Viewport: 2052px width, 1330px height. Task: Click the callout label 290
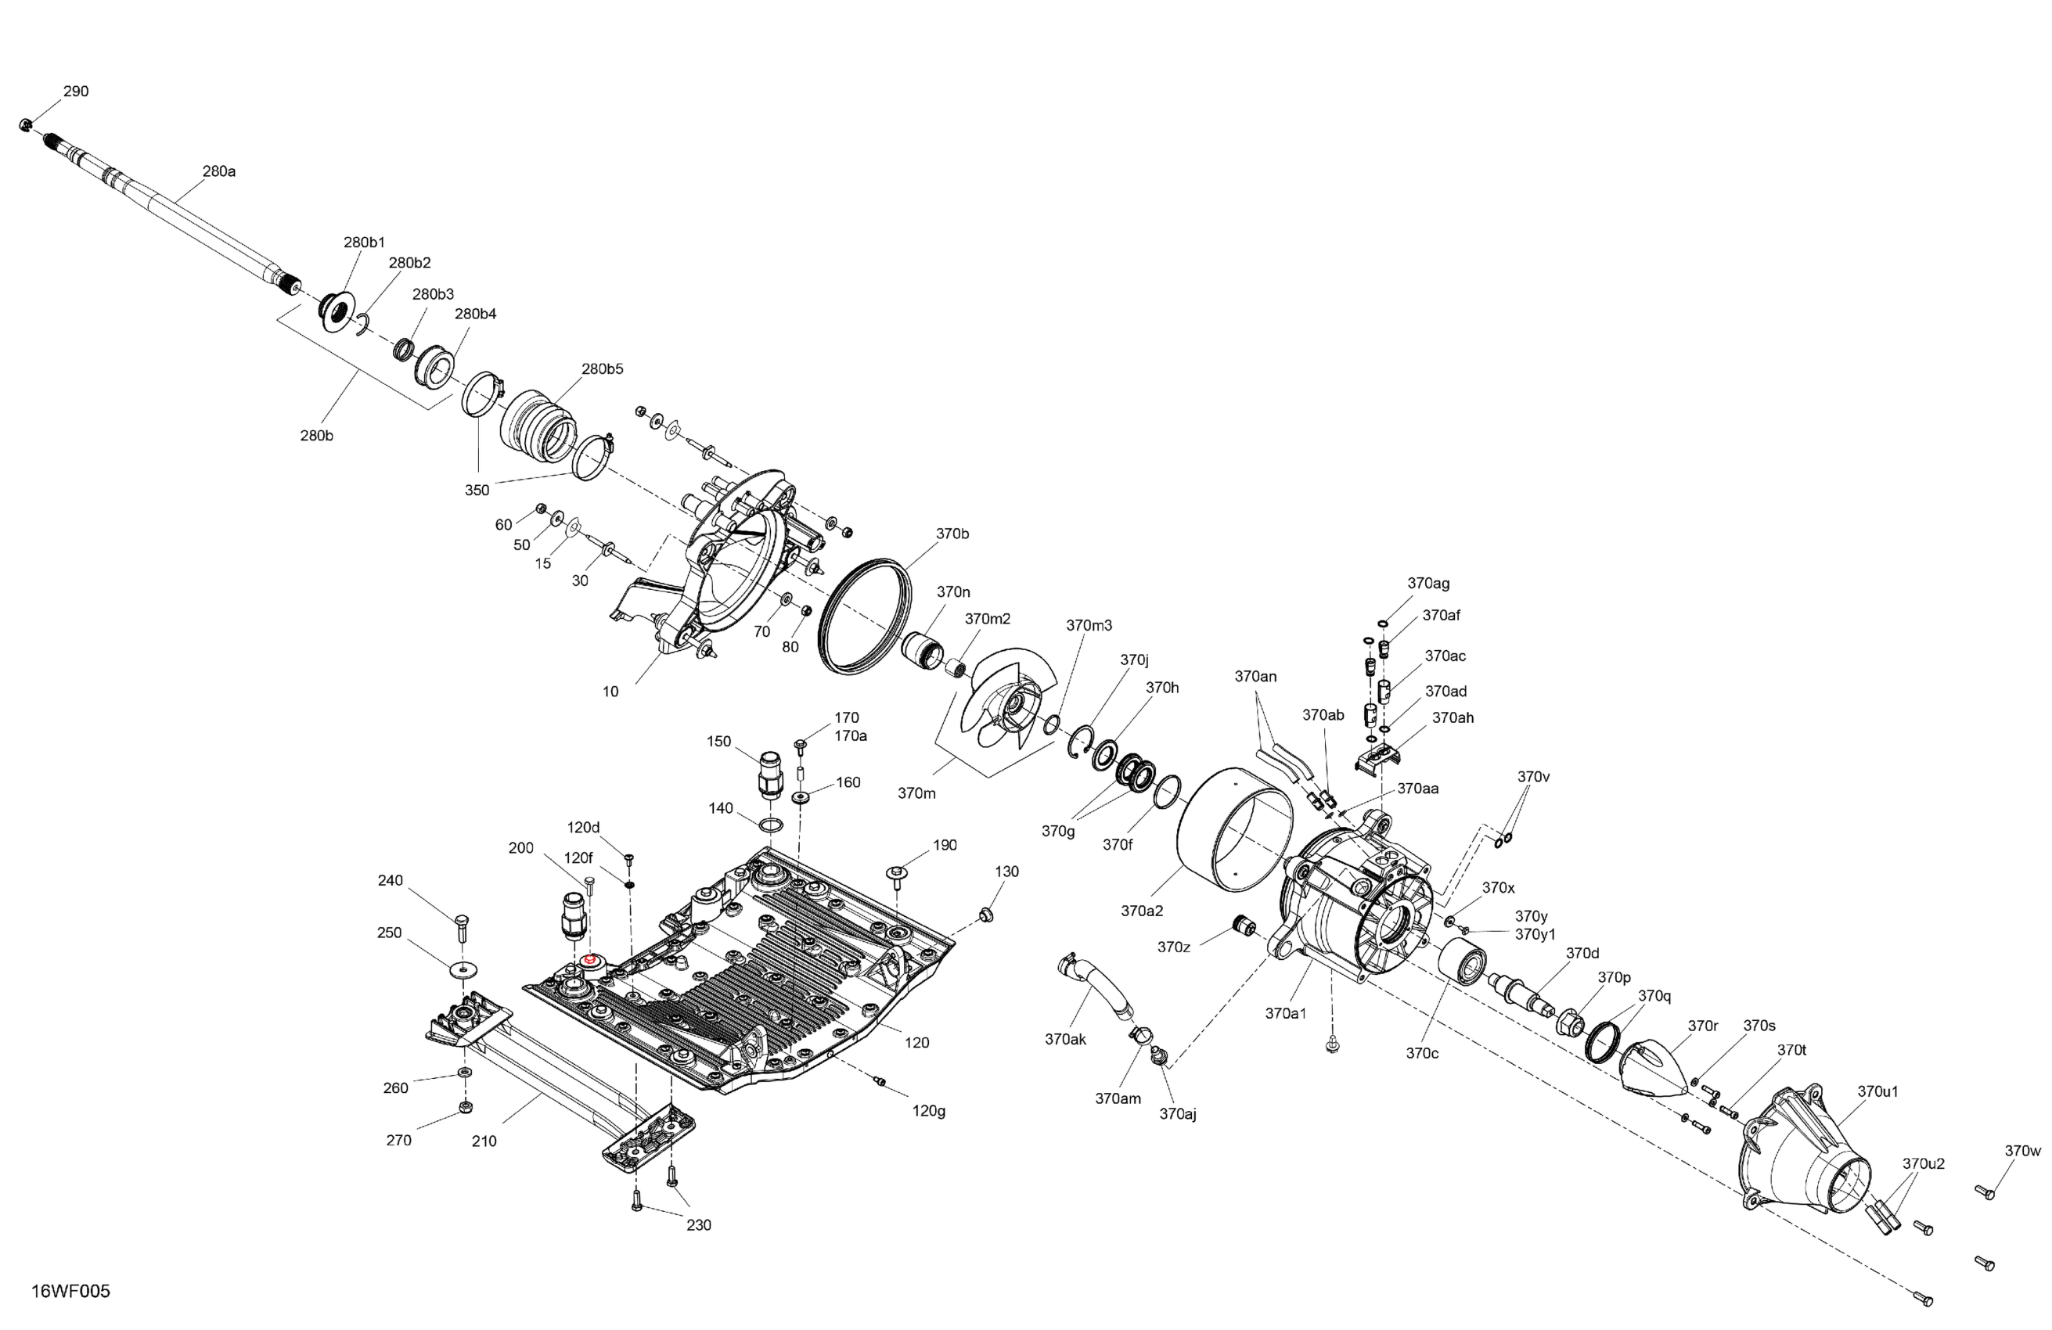(x=76, y=92)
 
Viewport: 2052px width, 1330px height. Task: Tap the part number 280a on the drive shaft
(x=219, y=171)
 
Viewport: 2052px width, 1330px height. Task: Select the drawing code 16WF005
(x=70, y=1291)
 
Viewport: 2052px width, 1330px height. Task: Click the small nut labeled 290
(x=25, y=126)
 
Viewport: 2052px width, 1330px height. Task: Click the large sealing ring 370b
(x=864, y=616)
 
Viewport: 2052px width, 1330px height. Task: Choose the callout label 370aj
(x=1178, y=1113)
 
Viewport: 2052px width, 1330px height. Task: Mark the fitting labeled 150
(x=769, y=773)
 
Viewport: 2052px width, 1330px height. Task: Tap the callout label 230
(x=698, y=1225)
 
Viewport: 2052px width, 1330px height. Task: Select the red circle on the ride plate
(x=591, y=960)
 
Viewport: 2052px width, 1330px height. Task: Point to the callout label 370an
(x=1255, y=677)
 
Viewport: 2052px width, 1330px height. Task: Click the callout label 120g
(x=929, y=1111)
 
